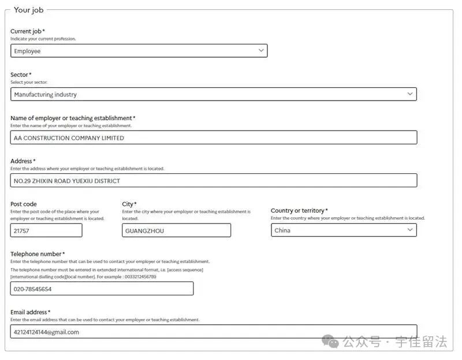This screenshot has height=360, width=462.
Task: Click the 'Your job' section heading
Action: [28, 10]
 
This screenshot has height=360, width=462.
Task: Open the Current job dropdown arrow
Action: [261, 51]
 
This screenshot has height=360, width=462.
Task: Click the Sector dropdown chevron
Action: [410, 94]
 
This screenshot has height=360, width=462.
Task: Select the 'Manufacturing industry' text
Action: [45, 94]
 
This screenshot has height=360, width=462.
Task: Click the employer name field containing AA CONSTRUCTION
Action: [214, 138]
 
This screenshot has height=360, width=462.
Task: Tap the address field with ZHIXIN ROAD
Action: [214, 181]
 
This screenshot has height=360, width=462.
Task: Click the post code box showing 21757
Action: [46, 231]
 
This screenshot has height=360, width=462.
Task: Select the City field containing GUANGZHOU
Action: [176, 231]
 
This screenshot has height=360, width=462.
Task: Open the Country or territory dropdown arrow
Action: [410, 230]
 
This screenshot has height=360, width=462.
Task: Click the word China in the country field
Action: [282, 231]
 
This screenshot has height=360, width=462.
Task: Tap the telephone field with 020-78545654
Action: [102, 289]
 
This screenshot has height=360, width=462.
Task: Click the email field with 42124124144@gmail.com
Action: [214, 332]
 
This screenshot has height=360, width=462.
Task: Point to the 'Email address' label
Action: [29, 312]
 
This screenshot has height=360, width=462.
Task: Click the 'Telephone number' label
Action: [36, 254]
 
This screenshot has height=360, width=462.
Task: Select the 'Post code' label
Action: [23, 204]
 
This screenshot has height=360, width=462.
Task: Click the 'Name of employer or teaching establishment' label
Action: [71, 118]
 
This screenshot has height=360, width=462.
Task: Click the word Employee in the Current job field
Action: [27, 51]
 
